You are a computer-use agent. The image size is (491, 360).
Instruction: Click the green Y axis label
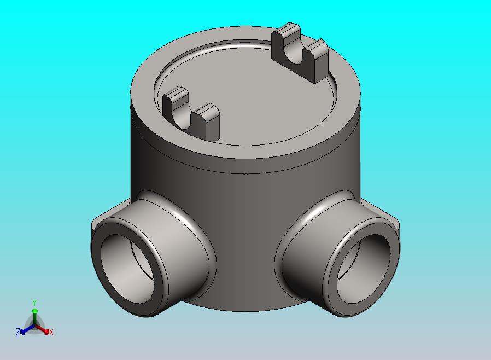(35, 303)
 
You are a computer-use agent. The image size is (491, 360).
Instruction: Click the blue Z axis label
(18, 332)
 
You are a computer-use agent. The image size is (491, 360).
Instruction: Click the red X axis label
(51, 332)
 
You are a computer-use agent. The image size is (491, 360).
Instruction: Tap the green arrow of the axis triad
(35, 316)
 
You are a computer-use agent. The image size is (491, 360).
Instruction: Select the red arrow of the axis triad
(42, 329)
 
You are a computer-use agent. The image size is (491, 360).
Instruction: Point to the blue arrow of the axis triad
(27, 329)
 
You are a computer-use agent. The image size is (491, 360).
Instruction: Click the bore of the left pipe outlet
(128, 269)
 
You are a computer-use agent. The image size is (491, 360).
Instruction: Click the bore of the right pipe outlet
(363, 269)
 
